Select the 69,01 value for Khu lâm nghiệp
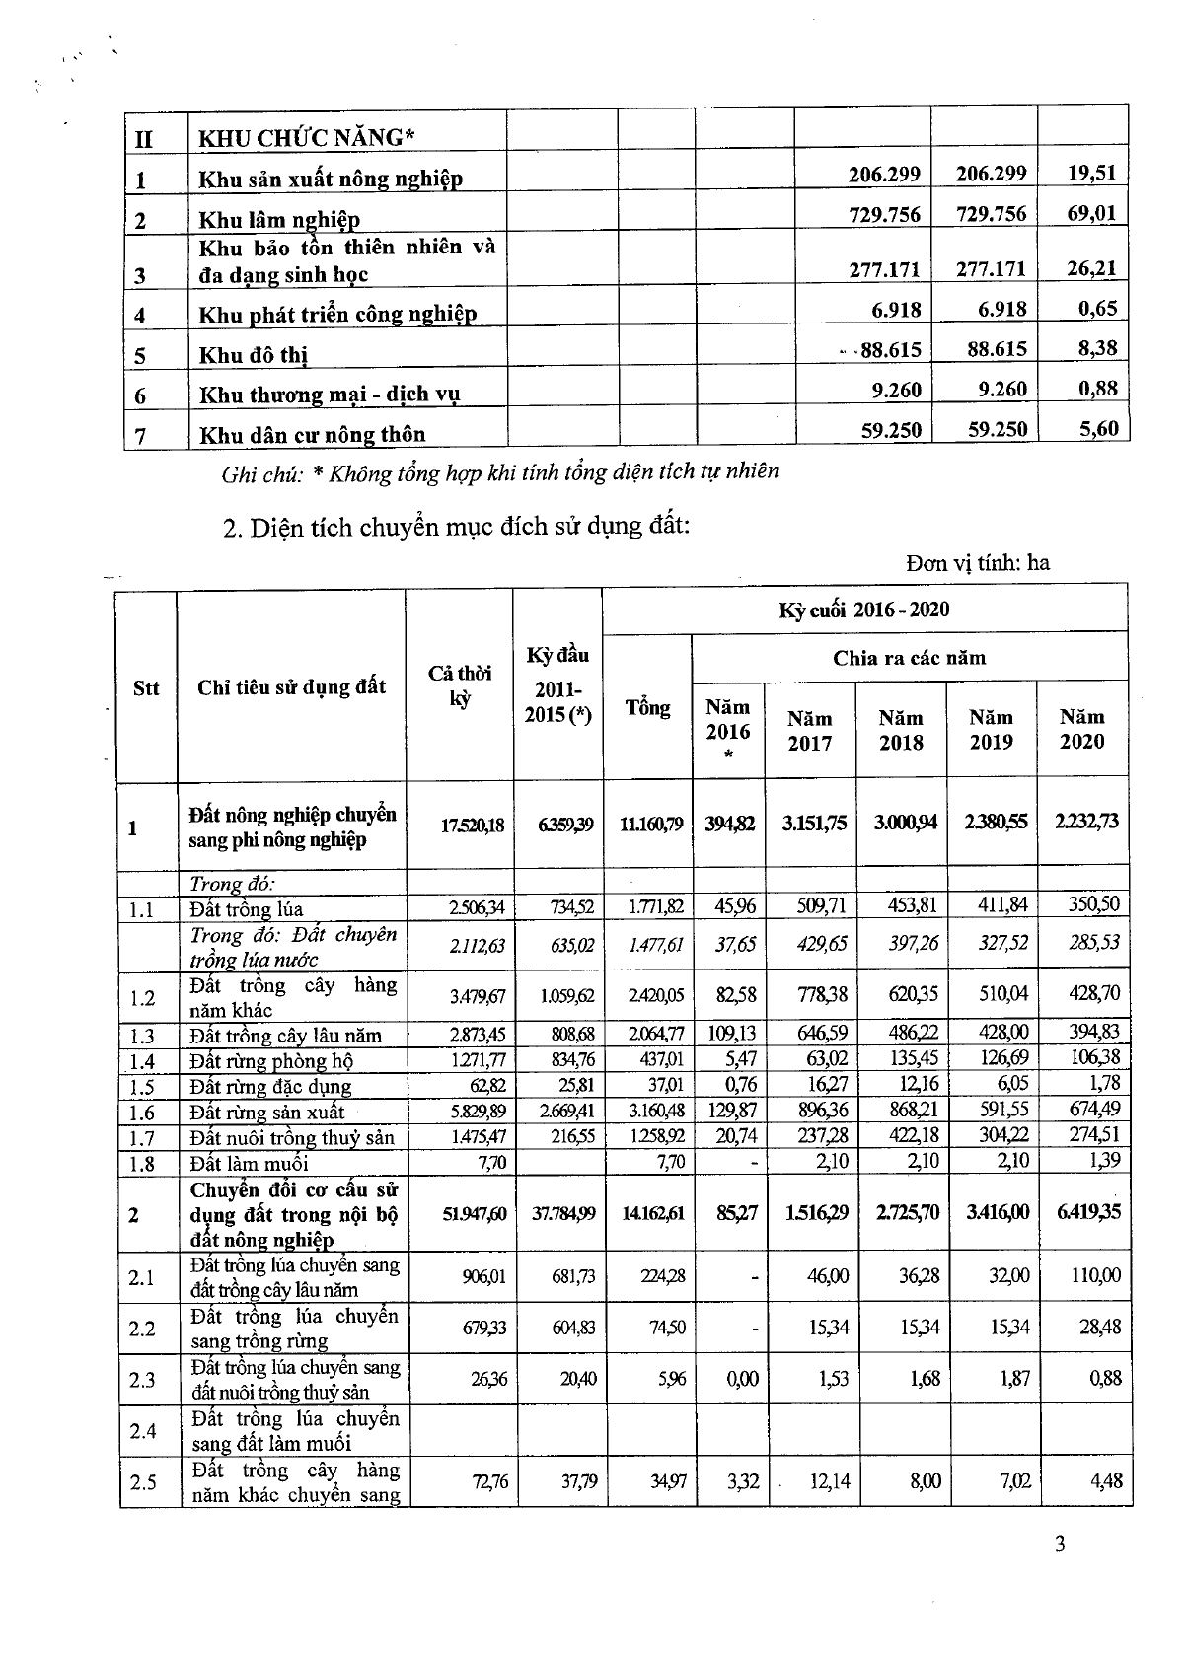tap(1091, 212)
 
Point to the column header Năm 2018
tap(901, 730)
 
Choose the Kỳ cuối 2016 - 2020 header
tap(864, 609)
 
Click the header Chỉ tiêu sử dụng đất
tap(291, 687)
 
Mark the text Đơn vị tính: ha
tap(978, 562)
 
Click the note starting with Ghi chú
tap(500, 471)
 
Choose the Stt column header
tap(146, 687)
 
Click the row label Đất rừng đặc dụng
tap(270, 1087)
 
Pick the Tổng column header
tap(647, 707)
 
